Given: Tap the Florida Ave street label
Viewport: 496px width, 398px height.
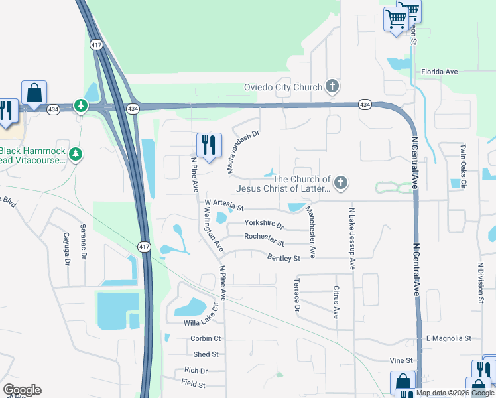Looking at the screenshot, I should click(x=440, y=72).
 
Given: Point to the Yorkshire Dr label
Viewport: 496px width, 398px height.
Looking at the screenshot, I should click(x=264, y=224).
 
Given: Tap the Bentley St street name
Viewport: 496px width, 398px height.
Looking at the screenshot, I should click(x=284, y=258).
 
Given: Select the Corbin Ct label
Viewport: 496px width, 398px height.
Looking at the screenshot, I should click(x=205, y=338).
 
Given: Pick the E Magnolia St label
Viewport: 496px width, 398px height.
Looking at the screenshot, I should click(x=448, y=338).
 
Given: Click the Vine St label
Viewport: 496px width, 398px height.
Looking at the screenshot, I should click(x=401, y=360).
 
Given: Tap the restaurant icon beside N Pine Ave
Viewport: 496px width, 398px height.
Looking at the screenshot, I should click(x=209, y=145).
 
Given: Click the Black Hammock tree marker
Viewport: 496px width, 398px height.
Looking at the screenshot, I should click(x=76, y=155).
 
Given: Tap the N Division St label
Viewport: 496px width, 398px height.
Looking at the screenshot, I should click(x=481, y=282).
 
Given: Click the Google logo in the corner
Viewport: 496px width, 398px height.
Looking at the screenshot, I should click(x=22, y=390).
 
